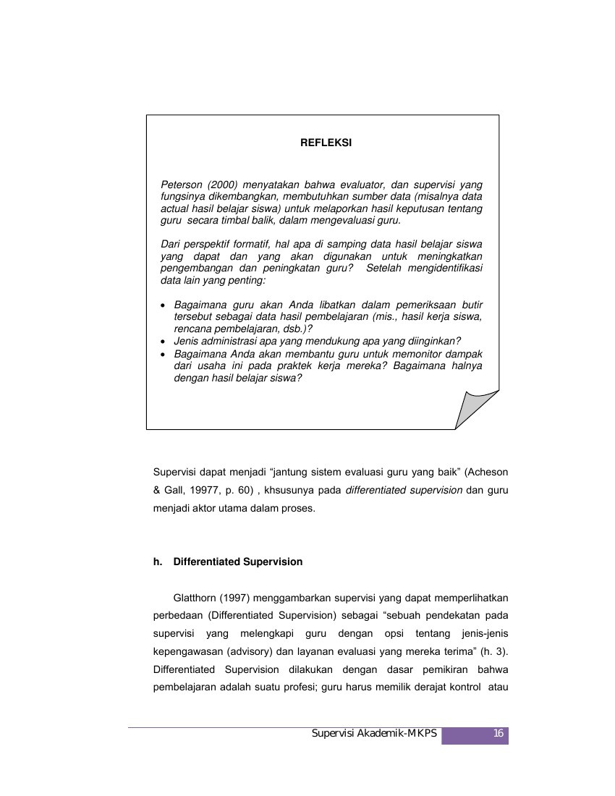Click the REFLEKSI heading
[326, 143]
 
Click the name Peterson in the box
[180, 185]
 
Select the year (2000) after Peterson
[221, 185]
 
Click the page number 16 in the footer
[498, 734]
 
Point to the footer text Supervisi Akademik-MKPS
[374, 734]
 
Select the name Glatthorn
[197, 598]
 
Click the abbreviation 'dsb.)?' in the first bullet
[296, 328]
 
